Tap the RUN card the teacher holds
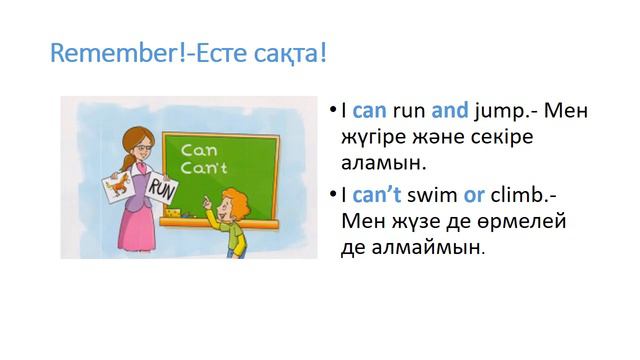click(x=160, y=188)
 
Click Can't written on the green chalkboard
click(x=199, y=166)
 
